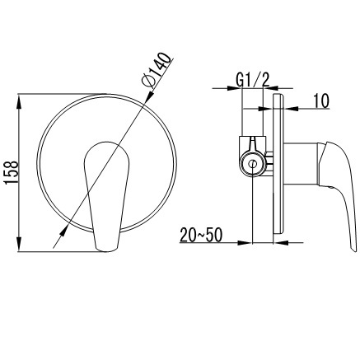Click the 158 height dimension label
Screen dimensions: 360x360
[x=12, y=172]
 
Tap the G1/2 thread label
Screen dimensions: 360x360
[x=253, y=80]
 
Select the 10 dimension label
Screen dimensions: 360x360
[x=320, y=101]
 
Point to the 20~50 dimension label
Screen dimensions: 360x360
[x=201, y=235]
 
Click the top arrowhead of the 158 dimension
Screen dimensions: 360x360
[x=20, y=101]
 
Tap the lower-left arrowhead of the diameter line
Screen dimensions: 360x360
[x=63, y=231]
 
